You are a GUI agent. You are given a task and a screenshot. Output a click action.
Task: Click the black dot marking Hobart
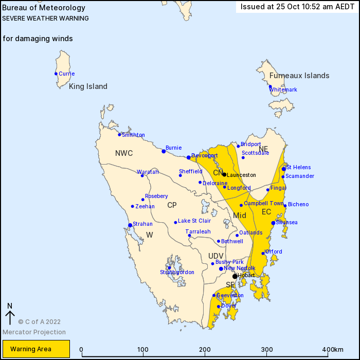click(235, 276)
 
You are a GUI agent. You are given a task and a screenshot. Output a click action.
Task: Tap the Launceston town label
click(241, 175)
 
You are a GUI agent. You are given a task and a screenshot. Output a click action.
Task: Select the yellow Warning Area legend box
click(35, 349)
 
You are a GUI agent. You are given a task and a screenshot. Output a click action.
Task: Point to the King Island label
click(88, 87)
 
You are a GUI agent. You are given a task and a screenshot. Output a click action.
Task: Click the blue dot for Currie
click(56, 74)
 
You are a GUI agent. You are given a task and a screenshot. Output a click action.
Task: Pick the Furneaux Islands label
click(299, 76)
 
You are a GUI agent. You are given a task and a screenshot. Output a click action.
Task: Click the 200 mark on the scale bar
click(205, 350)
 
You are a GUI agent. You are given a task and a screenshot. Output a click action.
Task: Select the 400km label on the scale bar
click(333, 350)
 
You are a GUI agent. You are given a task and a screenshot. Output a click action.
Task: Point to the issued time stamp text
click(298, 7)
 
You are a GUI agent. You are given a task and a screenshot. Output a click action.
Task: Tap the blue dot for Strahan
click(130, 225)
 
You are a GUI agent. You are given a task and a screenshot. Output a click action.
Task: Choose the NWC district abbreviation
click(124, 153)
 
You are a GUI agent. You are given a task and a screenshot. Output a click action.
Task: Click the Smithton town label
click(133, 135)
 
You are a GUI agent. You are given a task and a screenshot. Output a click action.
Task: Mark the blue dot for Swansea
click(273, 223)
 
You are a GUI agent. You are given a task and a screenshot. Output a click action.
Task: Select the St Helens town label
click(299, 167)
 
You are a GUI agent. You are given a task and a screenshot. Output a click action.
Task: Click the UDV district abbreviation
click(216, 256)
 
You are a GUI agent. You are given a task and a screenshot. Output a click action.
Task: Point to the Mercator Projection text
click(34, 332)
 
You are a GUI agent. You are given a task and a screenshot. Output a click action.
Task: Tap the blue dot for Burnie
click(164, 151)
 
